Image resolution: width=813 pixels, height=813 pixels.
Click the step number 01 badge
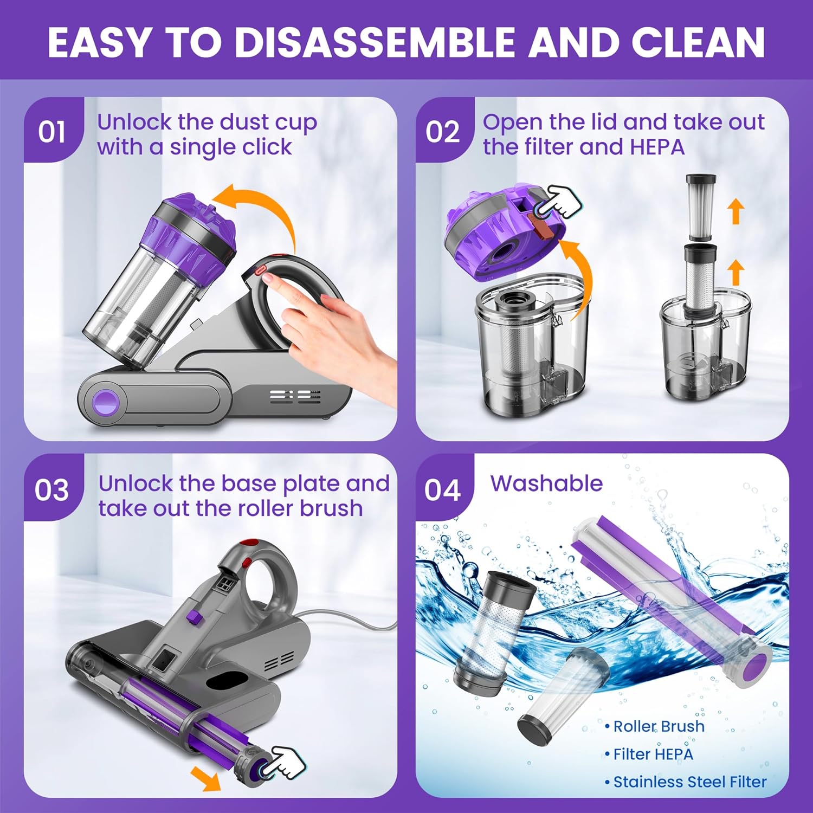pyautogui.click(x=52, y=132)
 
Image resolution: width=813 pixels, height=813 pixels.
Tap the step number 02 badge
pyautogui.click(x=443, y=132)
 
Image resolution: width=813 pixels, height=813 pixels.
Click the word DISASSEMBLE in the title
pyautogui.click(x=374, y=42)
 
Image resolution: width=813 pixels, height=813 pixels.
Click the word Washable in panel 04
pyautogui.click(x=546, y=483)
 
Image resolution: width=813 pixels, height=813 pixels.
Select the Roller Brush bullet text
pyautogui.click(x=658, y=726)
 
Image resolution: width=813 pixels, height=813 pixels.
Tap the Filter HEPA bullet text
pyautogui.click(x=653, y=754)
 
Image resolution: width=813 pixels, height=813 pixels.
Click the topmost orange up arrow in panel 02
pyautogui.click(x=735, y=211)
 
